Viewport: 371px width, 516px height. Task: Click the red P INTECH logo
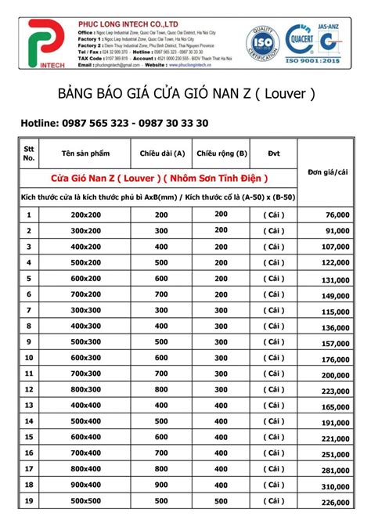click(x=42, y=45)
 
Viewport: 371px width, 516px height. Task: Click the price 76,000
click(x=335, y=214)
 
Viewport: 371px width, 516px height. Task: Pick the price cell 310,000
click(x=334, y=486)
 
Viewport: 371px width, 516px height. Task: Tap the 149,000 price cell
click(x=334, y=294)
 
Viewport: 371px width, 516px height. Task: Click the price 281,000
click(x=334, y=471)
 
